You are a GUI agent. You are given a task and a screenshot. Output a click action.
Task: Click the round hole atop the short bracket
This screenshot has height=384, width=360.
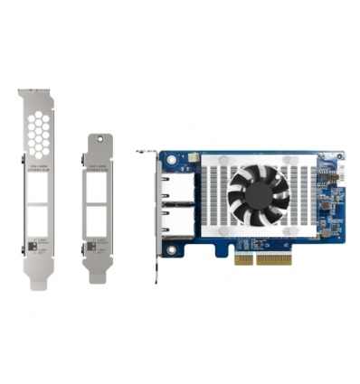tap(99, 142)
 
